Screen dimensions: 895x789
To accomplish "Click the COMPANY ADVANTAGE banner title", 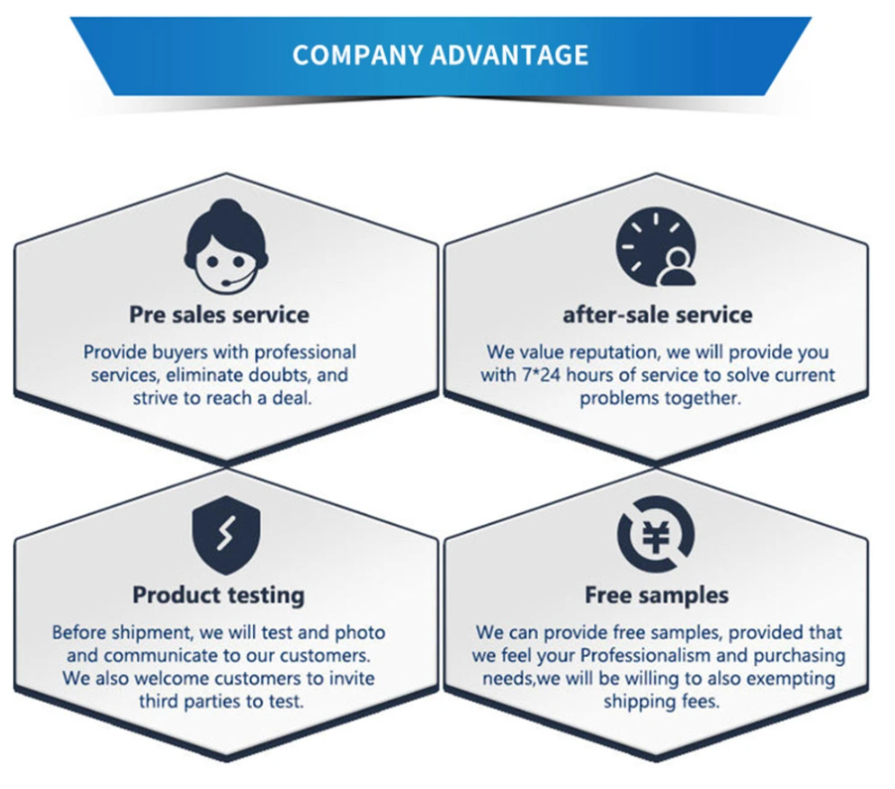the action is pos(441,55).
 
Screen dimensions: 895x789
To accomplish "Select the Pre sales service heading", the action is pos(219,315).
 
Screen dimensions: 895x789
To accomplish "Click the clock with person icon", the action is pos(656,247).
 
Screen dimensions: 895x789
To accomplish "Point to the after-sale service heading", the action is pos(658,315).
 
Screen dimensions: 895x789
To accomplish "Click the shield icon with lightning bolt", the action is pos(226,535).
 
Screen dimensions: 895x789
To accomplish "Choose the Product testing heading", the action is pos(218,595).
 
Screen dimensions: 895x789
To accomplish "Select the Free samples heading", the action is pos(657,594).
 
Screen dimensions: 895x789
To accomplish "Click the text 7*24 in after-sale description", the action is pos(541,375).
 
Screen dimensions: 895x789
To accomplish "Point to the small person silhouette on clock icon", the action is pos(677,268).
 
